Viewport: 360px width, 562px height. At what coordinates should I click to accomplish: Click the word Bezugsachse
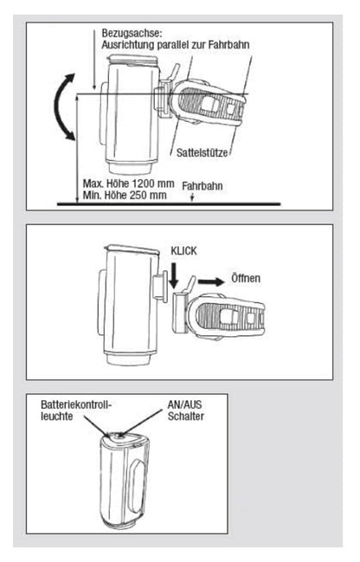[132, 33]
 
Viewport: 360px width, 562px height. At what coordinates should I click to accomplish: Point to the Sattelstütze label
[202, 152]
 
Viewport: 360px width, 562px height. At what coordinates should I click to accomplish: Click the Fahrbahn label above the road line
[202, 186]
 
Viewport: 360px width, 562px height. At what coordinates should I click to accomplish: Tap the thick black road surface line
[169, 204]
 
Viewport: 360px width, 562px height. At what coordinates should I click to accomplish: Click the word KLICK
[183, 251]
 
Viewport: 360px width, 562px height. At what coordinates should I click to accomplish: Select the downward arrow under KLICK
[174, 275]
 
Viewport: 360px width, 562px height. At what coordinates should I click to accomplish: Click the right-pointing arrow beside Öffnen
[211, 281]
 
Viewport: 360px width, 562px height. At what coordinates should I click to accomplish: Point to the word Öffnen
[246, 279]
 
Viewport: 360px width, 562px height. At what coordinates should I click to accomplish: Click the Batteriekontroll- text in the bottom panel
[76, 404]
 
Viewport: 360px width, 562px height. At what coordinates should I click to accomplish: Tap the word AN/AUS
[185, 404]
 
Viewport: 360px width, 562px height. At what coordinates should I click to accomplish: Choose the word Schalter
[186, 417]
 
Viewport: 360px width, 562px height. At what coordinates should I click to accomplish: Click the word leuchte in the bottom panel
[57, 417]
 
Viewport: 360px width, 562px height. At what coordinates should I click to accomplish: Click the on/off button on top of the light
[120, 436]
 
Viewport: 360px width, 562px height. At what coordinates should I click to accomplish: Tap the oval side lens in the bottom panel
[138, 487]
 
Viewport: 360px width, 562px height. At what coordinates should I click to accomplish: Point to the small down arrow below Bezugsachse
[93, 60]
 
